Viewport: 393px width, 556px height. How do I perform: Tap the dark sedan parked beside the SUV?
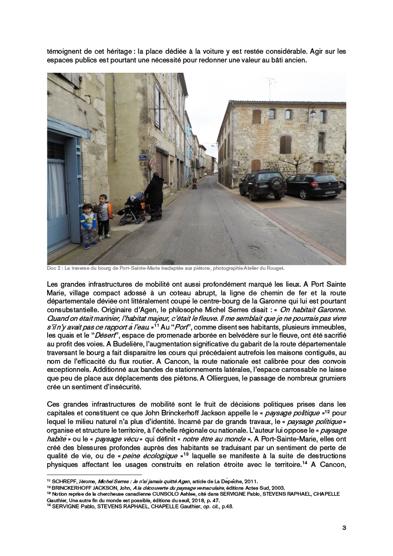pyautogui.click(x=313, y=186)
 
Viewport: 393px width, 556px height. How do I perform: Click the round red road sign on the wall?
pyautogui.click(x=151, y=162)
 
